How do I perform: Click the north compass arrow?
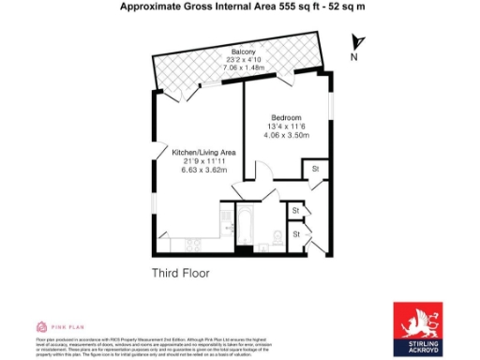355,42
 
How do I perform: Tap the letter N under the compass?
355,57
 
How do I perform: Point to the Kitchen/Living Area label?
202,151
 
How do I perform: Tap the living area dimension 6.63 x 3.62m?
202,170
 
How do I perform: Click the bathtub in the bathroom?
243,226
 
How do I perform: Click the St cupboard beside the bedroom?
316,170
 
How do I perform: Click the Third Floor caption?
181,274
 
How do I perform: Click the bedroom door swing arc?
264,174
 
